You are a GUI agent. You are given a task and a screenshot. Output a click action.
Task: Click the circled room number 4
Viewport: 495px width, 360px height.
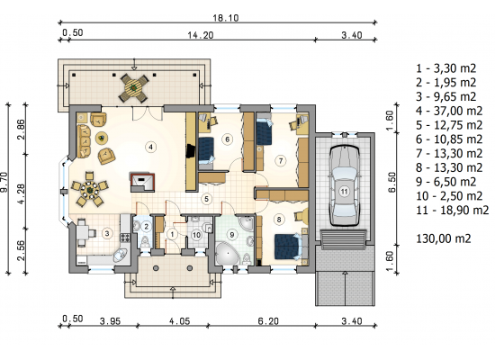pyautogui.click(x=151, y=147)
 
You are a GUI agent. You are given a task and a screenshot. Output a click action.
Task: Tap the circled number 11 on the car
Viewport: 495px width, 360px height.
pyautogui.click(x=344, y=192)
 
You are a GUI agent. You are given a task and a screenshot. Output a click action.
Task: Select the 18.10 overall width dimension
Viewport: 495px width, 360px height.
pyautogui.click(x=225, y=18)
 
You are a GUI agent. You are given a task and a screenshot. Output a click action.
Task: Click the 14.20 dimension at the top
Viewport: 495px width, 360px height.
pyautogui.click(x=201, y=35)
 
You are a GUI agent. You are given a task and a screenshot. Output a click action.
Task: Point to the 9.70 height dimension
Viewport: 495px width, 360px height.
pyautogui.click(x=4, y=188)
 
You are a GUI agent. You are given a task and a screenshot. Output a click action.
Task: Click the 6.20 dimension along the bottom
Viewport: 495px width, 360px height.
pyautogui.click(x=268, y=321)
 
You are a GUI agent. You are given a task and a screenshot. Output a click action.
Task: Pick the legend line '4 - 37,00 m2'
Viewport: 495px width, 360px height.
pyautogui.click(x=449, y=111)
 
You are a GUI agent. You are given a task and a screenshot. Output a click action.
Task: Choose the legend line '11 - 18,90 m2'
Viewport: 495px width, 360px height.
pyautogui.click(x=452, y=210)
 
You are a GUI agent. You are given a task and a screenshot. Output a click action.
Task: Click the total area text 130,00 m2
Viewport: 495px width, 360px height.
pyautogui.click(x=444, y=238)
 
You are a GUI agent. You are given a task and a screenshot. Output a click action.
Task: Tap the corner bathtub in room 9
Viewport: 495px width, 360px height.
pyautogui.click(x=227, y=254)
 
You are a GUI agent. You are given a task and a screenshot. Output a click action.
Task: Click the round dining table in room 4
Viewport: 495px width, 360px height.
pyautogui.click(x=90, y=190)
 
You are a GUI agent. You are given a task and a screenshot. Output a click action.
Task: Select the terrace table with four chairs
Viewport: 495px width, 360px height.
pyautogui.click(x=134, y=87)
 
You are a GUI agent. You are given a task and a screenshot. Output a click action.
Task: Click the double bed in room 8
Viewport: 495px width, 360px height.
pyautogui.click(x=288, y=247)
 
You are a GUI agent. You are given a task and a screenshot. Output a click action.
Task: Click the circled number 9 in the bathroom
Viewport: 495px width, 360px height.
pyautogui.click(x=232, y=235)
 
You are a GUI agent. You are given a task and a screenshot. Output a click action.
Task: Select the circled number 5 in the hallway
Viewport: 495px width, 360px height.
pyautogui.click(x=206, y=199)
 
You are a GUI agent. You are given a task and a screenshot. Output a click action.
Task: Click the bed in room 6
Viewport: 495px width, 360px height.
pyautogui.click(x=206, y=150)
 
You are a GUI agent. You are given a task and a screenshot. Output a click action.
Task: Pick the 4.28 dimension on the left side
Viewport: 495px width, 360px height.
pyautogui.click(x=22, y=191)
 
